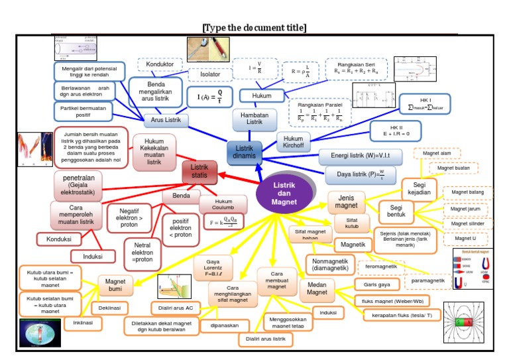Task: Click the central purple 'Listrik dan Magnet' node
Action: tap(285, 194)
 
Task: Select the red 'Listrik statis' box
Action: tap(199, 172)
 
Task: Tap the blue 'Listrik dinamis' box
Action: tap(245, 152)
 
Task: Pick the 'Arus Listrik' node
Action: tap(166, 120)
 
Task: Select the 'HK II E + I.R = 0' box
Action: tap(394, 129)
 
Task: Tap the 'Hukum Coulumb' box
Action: tap(223, 204)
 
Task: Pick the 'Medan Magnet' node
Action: tap(317, 288)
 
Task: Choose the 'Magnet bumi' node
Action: tap(115, 286)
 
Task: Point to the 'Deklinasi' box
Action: tap(114, 308)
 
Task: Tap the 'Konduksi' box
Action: tap(59, 239)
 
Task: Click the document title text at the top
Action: tap(254, 27)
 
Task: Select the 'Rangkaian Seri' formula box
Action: tap(355, 69)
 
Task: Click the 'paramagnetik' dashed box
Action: tap(427, 280)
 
